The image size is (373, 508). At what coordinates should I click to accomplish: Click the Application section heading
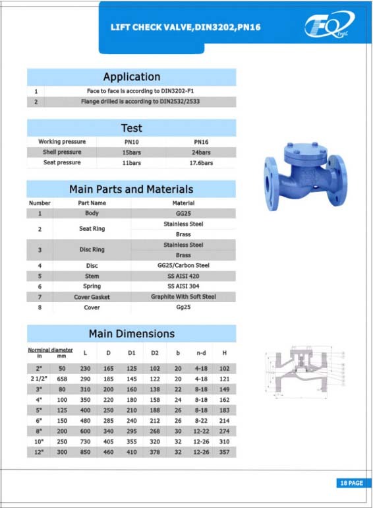pos(132,77)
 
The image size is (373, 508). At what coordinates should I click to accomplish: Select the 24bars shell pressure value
pos(201,152)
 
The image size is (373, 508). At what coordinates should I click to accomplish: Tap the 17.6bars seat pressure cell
pos(201,162)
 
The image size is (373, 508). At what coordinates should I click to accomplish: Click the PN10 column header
pos(132,142)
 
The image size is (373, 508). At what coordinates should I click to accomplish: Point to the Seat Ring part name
pos(92,229)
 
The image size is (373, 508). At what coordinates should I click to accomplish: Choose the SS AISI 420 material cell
pos(183,276)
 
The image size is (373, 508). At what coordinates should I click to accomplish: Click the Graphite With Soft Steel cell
pos(183,297)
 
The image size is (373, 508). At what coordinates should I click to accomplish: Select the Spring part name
pos(92,286)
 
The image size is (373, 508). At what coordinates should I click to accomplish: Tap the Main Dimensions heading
pos(132,333)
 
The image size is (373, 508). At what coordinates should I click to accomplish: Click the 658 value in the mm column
pos(63,379)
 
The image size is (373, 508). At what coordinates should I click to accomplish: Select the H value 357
pos(224,453)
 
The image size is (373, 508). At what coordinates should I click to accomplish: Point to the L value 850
pos(85,453)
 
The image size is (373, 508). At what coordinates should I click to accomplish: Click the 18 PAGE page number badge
pos(350,484)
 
